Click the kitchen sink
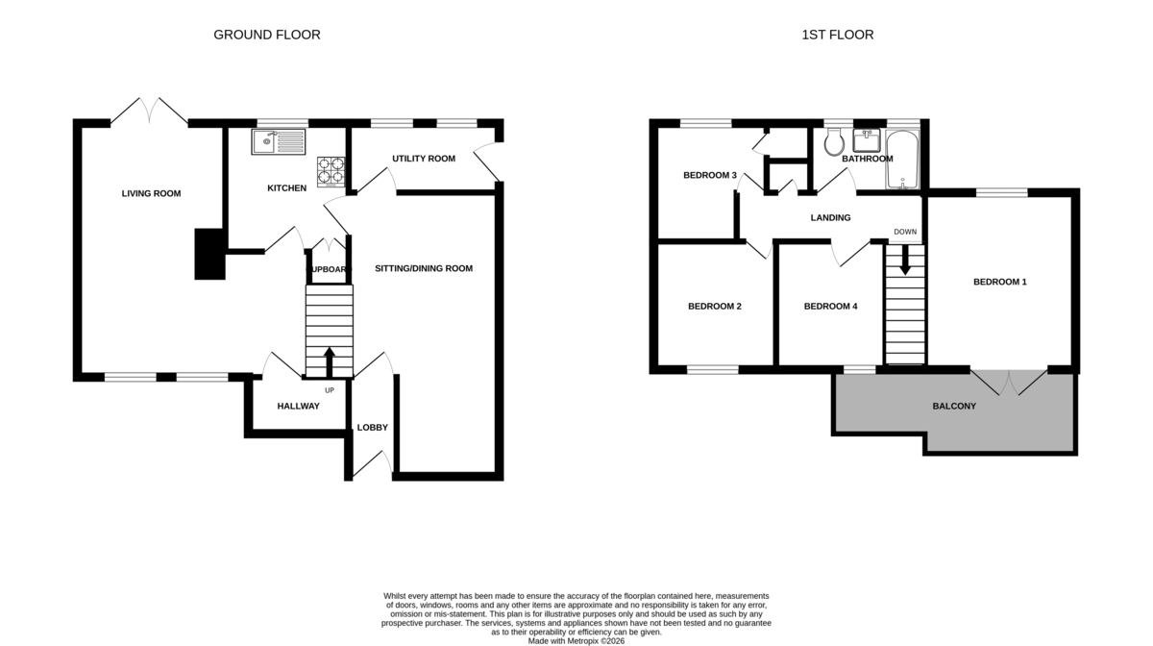pos(279,141)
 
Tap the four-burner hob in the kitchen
pos(331,171)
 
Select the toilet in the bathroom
pos(833,141)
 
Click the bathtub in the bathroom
pos(902,160)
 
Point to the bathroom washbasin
pos(867,140)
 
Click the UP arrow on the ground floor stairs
pos(330,362)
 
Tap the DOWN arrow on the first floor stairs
pos(905,260)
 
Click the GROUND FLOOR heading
pos(267,35)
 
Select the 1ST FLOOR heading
pos(838,35)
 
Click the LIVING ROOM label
pos(152,193)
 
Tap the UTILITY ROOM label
pos(424,159)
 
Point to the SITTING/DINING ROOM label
pos(424,268)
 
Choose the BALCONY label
pos(954,407)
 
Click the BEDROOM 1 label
pos(1000,282)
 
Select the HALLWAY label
pos(299,407)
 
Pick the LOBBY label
pos(373,428)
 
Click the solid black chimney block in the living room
pos(210,254)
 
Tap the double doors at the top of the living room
pos(149,111)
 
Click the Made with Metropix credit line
pos(576,641)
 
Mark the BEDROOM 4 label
pos(831,307)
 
